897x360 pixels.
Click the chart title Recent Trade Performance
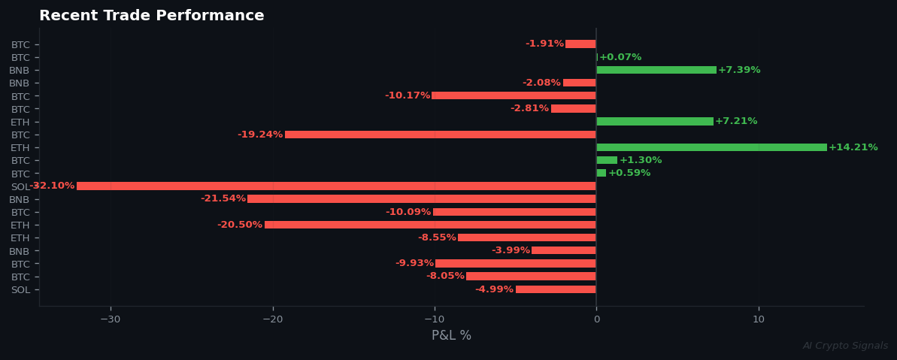pyautogui.click(x=151, y=16)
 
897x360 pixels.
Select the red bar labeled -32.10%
pyautogui.click(x=336, y=186)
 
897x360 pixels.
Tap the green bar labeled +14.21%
pyautogui.click(x=711, y=147)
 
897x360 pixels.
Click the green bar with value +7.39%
pyautogui.click(x=656, y=70)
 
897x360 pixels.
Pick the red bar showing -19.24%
pyautogui.click(x=441, y=135)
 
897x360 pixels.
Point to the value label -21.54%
pyautogui.click(x=223, y=199)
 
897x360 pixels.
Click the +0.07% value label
pyautogui.click(x=620, y=57)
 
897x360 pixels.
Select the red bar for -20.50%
pyautogui.click(x=430, y=225)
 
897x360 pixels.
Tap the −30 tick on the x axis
pyautogui.click(x=110, y=319)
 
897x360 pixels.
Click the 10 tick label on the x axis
pyautogui.click(x=759, y=319)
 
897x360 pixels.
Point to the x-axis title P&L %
pyautogui.click(x=451, y=336)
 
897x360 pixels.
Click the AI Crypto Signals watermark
pyautogui.click(x=845, y=346)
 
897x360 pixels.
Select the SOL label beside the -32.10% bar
pyautogui.click(x=20, y=186)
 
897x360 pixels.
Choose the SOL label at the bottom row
pyautogui.click(x=20, y=290)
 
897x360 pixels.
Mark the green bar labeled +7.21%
pyautogui.click(x=655, y=122)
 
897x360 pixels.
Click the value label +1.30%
pyautogui.click(x=641, y=160)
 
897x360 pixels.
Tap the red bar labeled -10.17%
pyautogui.click(x=514, y=96)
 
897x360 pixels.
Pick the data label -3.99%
pyautogui.click(x=511, y=251)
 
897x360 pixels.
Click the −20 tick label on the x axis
pyautogui.click(x=272, y=319)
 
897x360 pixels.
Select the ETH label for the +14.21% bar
pyautogui.click(x=20, y=148)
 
